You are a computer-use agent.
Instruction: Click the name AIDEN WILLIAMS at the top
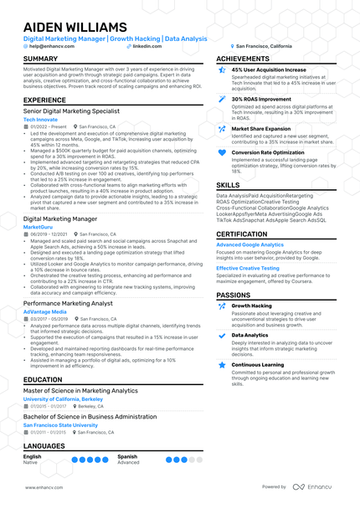click(x=76, y=27)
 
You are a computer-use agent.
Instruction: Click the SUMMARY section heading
click(x=41, y=59)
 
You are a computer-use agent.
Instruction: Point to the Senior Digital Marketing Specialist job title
click(x=71, y=111)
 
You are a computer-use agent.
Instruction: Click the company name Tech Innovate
click(x=41, y=120)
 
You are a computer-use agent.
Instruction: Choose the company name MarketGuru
click(x=39, y=227)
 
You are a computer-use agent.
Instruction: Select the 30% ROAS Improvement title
click(x=264, y=99)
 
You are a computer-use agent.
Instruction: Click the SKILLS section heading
click(x=228, y=184)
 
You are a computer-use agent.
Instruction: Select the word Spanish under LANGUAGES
click(x=127, y=456)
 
